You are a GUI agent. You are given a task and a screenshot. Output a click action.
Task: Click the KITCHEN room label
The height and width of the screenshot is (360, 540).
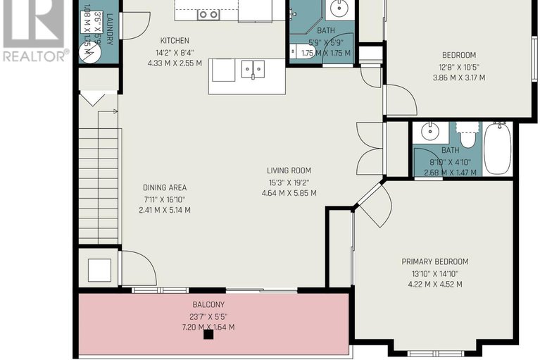(175, 41)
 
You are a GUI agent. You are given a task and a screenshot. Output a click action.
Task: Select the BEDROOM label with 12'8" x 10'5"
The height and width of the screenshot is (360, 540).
(458, 56)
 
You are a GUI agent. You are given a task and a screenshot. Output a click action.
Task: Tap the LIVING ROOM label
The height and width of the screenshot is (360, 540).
(288, 170)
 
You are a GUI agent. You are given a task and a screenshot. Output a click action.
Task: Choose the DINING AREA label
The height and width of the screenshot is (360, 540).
(164, 187)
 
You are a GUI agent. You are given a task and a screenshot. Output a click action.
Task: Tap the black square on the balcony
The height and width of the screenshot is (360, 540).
(208, 335)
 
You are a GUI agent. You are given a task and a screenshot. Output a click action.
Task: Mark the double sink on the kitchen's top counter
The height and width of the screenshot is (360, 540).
(208, 13)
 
